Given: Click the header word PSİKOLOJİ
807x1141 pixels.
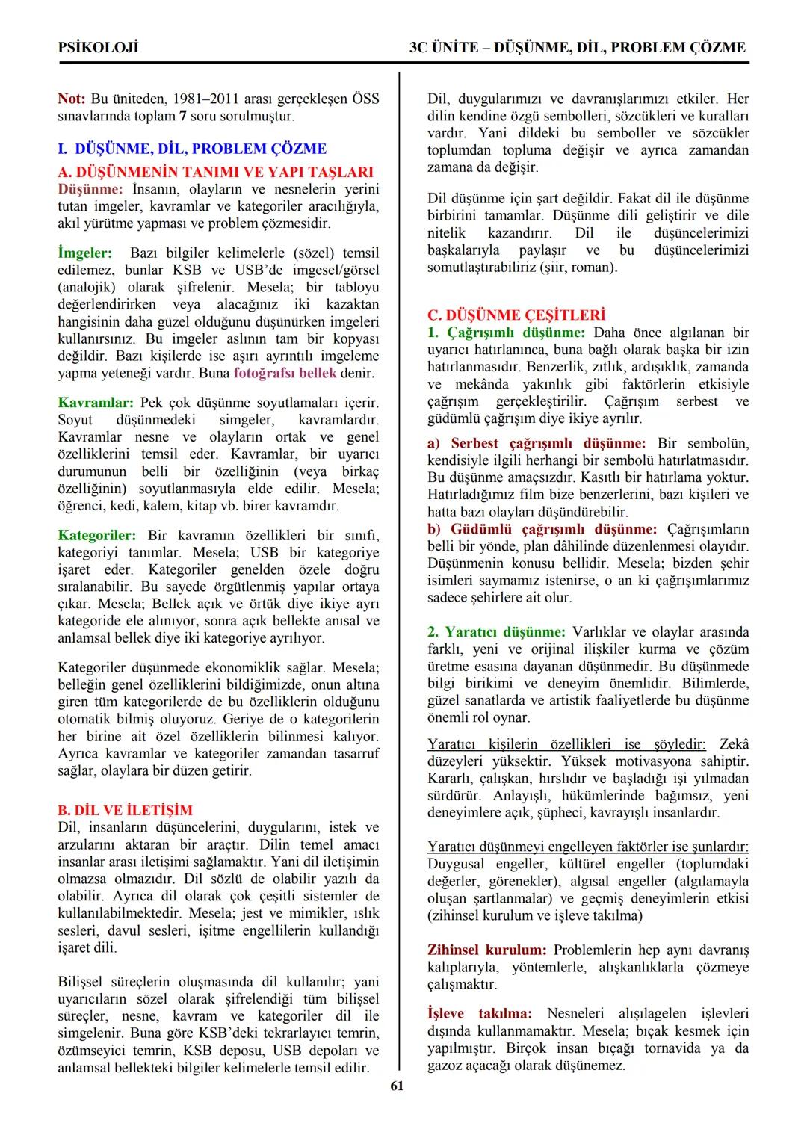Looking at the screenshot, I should point(98,47).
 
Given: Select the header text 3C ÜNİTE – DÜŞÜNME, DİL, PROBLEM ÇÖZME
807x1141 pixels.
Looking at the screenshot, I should point(577,47).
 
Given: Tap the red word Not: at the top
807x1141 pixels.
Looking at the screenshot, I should point(72,99).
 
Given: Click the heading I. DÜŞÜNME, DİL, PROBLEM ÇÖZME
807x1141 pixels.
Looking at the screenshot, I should point(192,149).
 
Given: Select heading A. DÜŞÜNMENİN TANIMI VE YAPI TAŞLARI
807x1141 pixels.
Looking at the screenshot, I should point(215,171).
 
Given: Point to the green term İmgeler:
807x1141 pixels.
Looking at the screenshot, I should point(84,253).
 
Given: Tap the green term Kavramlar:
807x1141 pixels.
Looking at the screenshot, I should point(95,403).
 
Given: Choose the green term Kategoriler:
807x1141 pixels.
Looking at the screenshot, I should point(97,535).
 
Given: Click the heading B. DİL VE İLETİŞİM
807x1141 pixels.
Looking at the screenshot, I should point(125,810).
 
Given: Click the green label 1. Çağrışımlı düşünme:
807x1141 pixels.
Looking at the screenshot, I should point(506,333).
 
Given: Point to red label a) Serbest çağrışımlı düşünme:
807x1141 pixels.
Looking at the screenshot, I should point(536,443).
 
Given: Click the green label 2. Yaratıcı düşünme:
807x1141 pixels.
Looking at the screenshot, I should point(496,631).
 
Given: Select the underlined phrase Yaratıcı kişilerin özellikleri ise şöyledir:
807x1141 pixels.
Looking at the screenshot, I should point(566,744).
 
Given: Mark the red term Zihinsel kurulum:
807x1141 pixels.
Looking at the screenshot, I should point(486,950).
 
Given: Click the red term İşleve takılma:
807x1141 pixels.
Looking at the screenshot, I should point(479,1014).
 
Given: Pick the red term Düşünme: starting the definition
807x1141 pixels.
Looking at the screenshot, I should point(90,188).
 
